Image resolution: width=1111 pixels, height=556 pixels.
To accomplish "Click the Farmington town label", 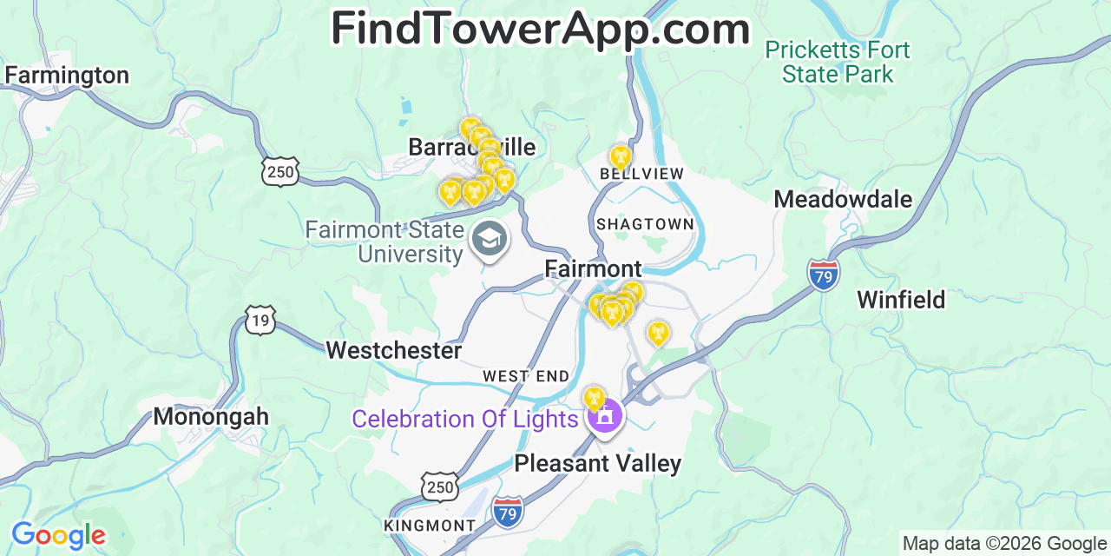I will [x=67, y=76].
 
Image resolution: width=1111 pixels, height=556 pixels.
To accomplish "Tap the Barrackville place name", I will [x=471, y=148].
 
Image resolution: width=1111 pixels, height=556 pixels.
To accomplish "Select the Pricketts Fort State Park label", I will [x=838, y=62].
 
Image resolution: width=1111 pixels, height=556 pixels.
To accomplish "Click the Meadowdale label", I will [x=843, y=200].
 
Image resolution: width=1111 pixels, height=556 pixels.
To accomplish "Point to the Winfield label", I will [x=901, y=300].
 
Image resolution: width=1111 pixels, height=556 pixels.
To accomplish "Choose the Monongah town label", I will [x=211, y=416].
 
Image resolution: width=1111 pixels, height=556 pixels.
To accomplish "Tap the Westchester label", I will [x=393, y=350].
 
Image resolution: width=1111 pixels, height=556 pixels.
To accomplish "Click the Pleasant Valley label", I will [x=597, y=463].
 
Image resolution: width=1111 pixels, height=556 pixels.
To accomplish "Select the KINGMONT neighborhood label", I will [x=430, y=526].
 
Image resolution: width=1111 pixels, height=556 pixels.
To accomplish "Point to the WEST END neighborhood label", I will [x=526, y=376].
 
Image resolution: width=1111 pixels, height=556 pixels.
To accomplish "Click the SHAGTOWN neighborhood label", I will [x=645, y=224].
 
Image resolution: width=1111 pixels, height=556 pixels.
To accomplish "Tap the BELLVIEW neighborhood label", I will [x=642, y=174].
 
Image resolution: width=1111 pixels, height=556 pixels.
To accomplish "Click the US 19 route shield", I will [x=260, y=319].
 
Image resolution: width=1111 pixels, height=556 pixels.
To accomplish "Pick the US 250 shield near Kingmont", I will [x=440, y=486].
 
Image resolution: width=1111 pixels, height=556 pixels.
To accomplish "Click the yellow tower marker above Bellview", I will [x=620, y=157].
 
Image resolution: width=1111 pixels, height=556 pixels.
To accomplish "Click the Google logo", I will [x=58, y=534].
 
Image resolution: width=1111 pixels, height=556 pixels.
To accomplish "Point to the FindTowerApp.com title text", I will [x=540, y=29].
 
